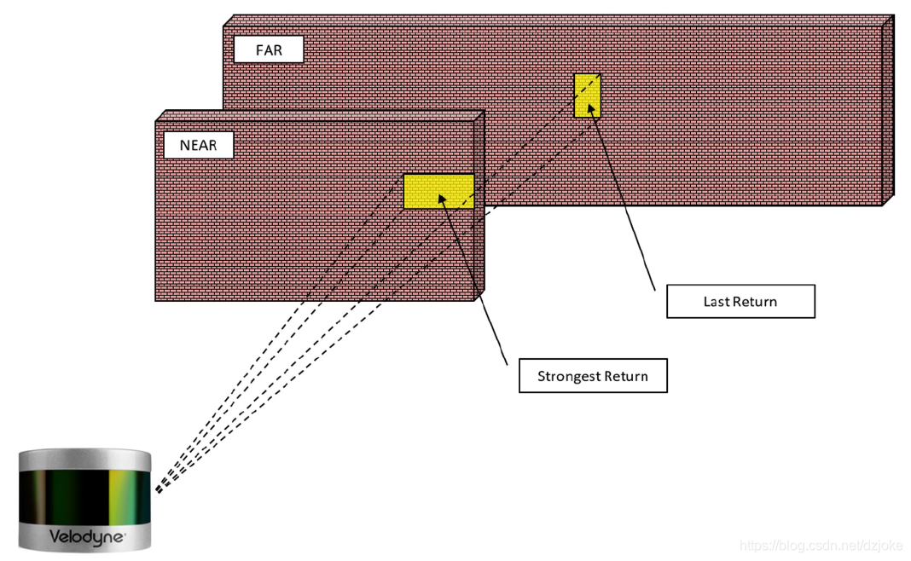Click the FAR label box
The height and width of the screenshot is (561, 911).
coord(269,50)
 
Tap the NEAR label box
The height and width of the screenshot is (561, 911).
coord(198,145)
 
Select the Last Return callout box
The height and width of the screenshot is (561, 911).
coord(740,301)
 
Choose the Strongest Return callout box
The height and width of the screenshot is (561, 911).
coord(593,376)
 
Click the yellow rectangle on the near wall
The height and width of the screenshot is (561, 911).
coord(438,191)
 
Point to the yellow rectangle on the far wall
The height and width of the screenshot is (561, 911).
coord(587,95)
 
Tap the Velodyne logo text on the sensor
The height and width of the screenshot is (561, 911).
coord(85,538)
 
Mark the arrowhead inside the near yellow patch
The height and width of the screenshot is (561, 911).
coord(442,199)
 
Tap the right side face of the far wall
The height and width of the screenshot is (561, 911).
coord(888,111)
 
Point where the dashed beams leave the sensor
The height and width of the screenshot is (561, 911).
coord(156,492)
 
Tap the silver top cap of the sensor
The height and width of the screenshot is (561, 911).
coord(85,460)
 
